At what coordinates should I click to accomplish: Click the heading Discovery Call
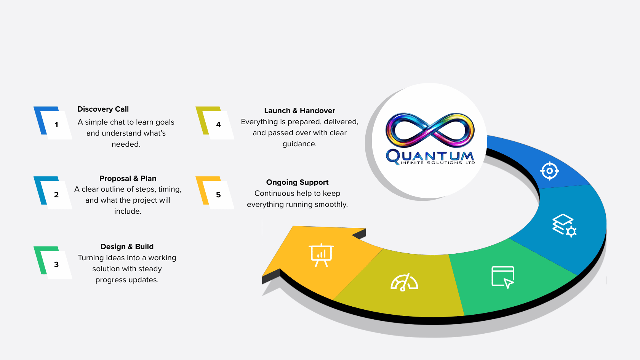(103, 109)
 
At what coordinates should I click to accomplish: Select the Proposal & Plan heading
(128, 178)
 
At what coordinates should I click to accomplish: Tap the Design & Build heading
(127, 246)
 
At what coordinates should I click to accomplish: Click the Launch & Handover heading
(299, 110)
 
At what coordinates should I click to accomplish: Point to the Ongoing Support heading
(297, 182)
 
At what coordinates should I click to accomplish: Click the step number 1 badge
(56, 125)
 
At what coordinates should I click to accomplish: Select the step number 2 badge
(56, 195)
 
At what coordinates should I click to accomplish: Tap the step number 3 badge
(56, 264)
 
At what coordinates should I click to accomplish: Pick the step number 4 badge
(218, 125)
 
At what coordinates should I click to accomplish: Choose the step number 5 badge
(218, 195)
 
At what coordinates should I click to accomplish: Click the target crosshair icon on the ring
(549, 171)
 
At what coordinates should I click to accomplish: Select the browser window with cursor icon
(503, 277)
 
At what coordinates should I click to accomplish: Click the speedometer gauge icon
(404, 282)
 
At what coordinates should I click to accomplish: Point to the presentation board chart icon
(322, 255)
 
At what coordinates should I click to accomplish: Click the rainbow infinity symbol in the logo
(430, 130)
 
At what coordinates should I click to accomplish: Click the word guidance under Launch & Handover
(299, 144)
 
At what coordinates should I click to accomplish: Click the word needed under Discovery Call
(125, 144)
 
